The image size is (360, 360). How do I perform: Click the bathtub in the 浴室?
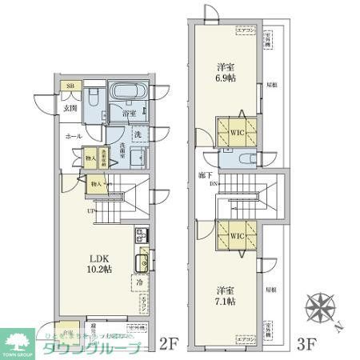click(x=125, y=94)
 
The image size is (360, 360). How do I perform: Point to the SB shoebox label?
click(x=70, y=86)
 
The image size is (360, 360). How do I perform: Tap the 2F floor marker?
click(x=166, y=345)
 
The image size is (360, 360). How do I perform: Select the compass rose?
click(x=322, y=309)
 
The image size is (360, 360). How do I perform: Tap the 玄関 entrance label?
click(x=70, y=108)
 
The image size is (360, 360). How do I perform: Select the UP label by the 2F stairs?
click(x=94, y=211)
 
